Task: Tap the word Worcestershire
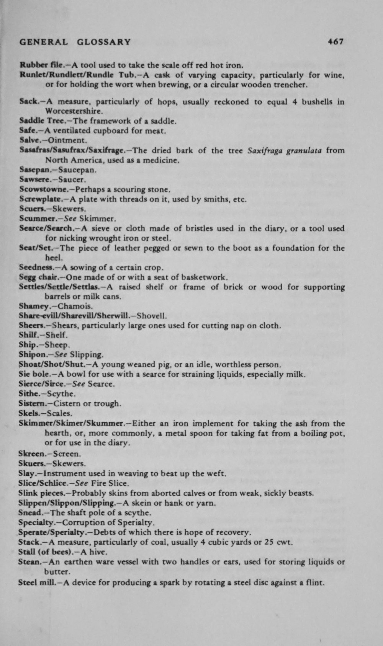(x=74, y=111)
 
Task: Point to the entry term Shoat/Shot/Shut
(x=49, y=364)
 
